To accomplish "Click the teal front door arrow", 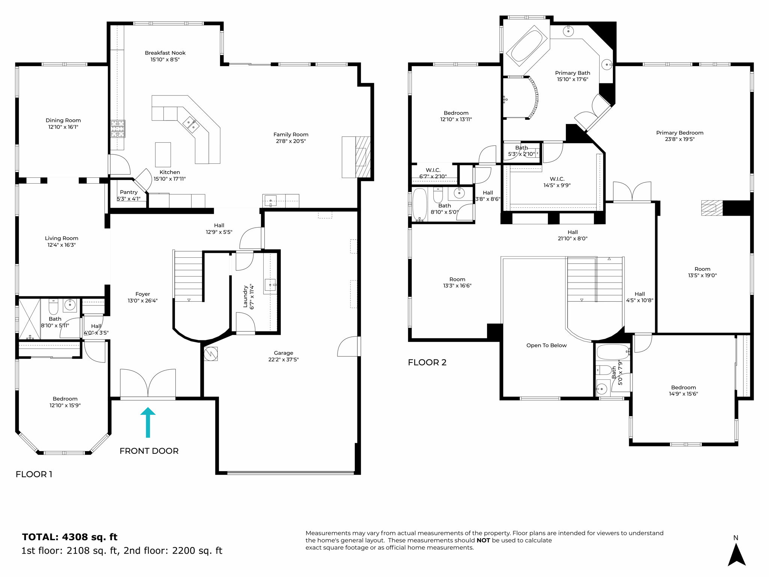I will (x=148, y=422).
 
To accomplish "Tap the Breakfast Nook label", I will (x=165, y=53).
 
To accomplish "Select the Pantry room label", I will (x=129, y=192).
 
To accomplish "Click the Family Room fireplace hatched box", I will (x=362, y=157).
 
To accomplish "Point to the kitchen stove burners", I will (x=118, y=129).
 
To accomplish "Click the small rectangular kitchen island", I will (x=163, y=154).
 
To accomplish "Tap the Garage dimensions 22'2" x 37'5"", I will (x=283, y=359).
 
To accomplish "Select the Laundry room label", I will (x=245, y=297).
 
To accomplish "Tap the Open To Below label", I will (x=546, y=345).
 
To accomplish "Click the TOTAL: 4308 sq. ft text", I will (x=70, y=537).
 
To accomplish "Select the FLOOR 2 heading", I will (x=427, y=363).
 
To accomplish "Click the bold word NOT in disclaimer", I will (x=483, y=540).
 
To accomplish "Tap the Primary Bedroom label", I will (x=680, y=133).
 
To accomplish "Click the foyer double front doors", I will (x=148, y=383).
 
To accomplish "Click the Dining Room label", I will (x=63, y=120).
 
